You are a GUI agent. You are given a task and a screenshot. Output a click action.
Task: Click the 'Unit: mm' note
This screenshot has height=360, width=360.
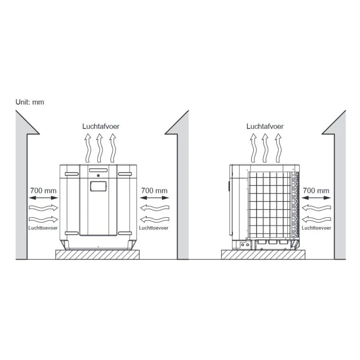click(30, 102)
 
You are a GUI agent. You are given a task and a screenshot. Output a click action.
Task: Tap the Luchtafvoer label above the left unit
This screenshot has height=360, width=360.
click(101, 126)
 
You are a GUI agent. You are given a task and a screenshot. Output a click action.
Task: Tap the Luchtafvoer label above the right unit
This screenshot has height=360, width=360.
click(265, 126)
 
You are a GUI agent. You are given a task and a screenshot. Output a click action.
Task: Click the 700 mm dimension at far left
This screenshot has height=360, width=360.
click(43, 190)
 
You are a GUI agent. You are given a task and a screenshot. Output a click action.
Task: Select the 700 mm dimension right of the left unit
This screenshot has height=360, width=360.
click(154, 190)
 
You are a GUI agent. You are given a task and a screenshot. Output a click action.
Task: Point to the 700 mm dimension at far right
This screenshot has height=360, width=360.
click(316, 190)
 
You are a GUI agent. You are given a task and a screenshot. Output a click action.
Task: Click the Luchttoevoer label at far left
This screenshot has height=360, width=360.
click(43, 228)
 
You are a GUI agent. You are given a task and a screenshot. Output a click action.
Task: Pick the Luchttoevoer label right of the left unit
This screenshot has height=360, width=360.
click(153, 228)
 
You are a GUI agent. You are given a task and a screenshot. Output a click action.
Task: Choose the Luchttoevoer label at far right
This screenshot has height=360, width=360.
click(316, 228)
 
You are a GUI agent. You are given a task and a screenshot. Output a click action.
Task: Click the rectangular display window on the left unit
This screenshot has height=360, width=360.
click(98, 186)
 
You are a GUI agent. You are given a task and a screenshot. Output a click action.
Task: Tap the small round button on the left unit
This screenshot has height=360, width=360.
click(98, 176)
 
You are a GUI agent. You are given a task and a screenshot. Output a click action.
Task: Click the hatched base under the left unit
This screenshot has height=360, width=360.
click(97, 255)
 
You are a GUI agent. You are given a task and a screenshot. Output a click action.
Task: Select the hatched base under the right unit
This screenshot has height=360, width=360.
click(263, 255)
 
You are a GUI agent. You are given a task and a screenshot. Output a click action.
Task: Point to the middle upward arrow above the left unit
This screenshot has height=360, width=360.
click(99, 148)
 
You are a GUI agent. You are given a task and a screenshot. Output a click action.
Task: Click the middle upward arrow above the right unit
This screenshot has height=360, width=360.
click(265, 148)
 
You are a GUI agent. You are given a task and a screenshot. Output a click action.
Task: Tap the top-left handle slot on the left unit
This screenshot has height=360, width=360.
click(72, 174)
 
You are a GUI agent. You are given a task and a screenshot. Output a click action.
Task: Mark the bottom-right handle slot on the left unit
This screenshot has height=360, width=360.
click(125, 233)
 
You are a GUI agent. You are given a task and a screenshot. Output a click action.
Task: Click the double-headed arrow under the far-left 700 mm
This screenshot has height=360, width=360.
click(43, 198)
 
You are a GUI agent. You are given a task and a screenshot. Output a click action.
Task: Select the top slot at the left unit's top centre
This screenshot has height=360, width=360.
click(98, 171)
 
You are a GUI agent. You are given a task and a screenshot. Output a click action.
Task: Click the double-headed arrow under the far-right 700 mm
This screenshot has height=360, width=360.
click(316, 198)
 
